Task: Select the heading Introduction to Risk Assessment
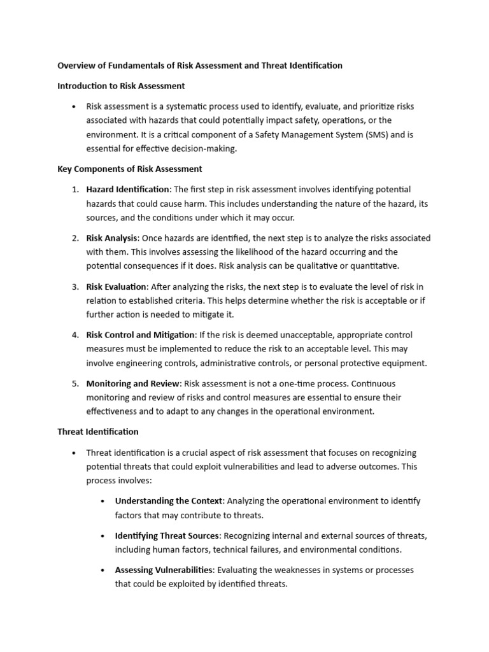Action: pos(121,85)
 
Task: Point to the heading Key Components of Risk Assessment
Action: pos(130,169)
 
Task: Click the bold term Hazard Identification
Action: pos(128,189)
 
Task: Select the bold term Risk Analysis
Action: pos(112,237)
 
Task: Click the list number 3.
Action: pos(74,287)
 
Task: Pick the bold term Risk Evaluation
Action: pos(116,287)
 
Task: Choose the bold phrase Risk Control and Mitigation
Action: pos(141,335)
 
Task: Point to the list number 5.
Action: pos(74,383)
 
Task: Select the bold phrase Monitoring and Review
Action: pos(134,383)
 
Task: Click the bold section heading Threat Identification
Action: pos(98,431)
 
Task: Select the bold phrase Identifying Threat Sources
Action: pos(167,535)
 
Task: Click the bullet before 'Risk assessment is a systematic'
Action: pos(75,107)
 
